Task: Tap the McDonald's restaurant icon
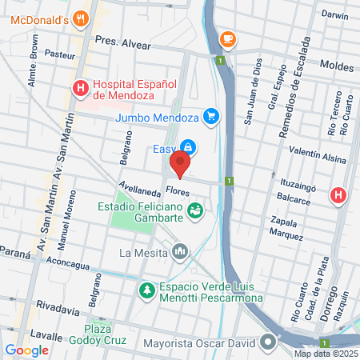coord(79,18)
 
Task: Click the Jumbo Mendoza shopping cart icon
coord(211,117)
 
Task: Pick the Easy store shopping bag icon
coord(187,147)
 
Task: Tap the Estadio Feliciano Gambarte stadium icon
coord(194,210)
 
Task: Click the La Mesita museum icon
coord(179,253)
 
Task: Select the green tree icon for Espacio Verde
coord(146,290)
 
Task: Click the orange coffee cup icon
coord(227,38)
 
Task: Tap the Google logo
coord(27,350)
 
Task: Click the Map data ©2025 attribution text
coord(326,354)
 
